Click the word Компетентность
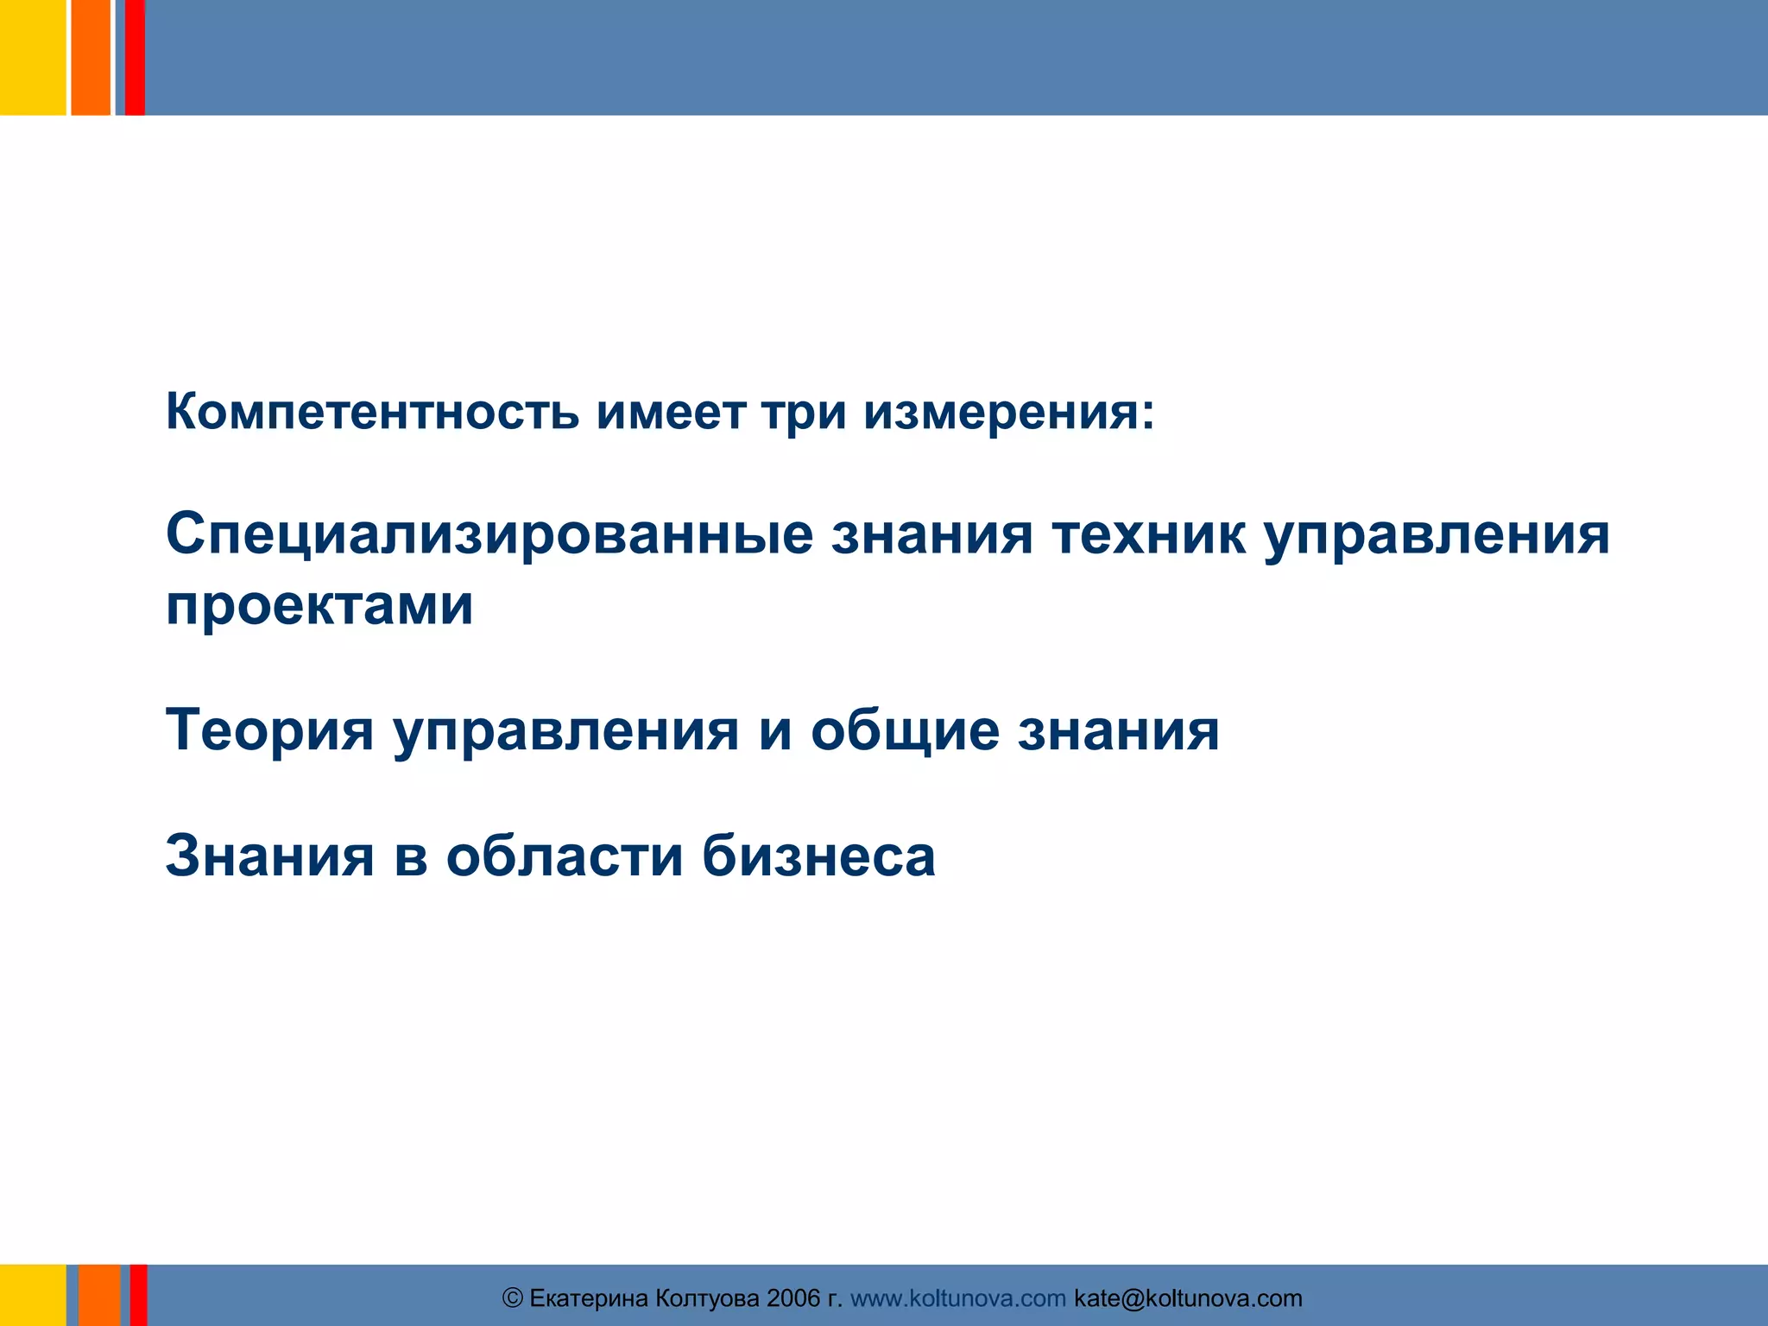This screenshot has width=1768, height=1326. [372, 412]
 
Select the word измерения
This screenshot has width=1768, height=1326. [1007, 412]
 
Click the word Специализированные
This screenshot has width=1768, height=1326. [489, 534]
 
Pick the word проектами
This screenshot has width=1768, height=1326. [319, 606]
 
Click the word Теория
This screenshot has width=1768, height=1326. [269, 730]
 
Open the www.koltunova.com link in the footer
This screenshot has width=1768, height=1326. [957, 1298]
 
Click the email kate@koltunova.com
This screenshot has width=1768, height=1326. [1188, 1298]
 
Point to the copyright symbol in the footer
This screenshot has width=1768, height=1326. [513, 1298]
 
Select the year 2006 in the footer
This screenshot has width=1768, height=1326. [792, 1298]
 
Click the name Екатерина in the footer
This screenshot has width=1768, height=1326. [588, 1298]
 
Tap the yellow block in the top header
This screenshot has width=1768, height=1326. [32, 57]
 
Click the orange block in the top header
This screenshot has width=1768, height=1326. [90, 57]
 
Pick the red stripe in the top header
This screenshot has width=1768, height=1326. [135, 57]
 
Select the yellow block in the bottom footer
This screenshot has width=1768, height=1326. [32, 1295]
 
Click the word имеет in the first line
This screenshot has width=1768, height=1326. [671, 412]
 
